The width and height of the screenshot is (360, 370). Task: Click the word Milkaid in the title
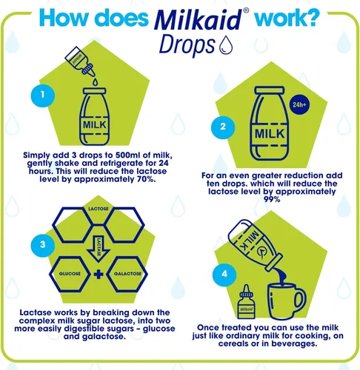199,20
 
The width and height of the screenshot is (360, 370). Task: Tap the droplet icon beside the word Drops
226,45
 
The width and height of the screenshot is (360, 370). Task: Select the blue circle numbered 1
43,95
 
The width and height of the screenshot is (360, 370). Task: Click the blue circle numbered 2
223,127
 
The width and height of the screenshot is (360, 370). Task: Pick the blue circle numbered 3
43,245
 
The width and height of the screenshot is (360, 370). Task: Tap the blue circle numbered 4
224,275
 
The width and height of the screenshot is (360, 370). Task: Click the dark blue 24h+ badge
299,105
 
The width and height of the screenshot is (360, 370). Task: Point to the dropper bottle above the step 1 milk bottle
80,61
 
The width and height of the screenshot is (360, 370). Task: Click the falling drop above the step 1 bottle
96,82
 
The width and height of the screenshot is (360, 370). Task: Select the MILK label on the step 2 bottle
270,134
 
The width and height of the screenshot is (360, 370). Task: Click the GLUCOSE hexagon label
70,274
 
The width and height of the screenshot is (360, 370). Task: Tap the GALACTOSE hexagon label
127,274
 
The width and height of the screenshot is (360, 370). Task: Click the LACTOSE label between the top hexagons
99,209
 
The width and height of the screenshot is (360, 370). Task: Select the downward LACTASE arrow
99,248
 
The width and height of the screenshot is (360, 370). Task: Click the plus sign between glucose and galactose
99,275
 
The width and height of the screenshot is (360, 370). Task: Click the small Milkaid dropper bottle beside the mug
246,303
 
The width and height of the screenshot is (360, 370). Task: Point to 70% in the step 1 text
146,179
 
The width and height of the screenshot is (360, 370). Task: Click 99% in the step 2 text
272,199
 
